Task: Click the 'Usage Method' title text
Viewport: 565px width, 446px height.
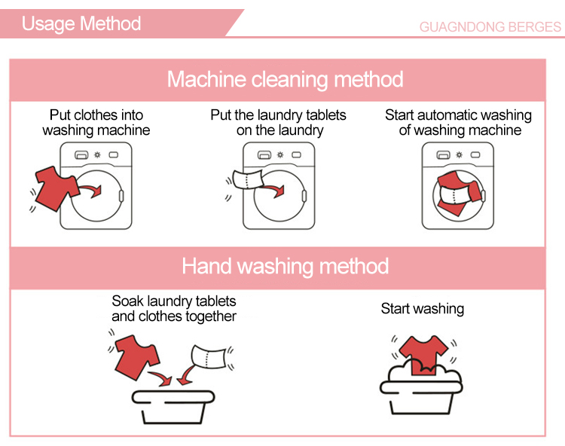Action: coord(81,24)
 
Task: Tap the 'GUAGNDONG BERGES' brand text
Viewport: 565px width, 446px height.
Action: coord(490,27)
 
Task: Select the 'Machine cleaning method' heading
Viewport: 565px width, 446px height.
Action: coord(285,79)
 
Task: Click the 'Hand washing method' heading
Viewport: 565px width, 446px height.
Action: coord(285,266)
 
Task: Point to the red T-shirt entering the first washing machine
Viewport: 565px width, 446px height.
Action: coord(56,188)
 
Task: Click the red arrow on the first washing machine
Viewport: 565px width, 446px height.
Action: coord(91,190)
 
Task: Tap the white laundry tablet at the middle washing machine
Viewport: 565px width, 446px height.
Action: coord(249,179)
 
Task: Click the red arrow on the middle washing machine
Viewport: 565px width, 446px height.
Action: coord(274,190)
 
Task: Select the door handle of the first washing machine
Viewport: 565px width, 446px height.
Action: coord(121,196)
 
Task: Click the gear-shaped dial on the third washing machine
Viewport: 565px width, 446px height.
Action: coord(459,155)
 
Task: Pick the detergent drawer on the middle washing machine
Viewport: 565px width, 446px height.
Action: coord(264,155)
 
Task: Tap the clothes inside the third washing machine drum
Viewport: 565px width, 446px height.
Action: coord(458,193)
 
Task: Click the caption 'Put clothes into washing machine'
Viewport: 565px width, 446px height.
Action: coord(96,123)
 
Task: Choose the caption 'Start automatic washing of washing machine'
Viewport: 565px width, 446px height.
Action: coord(458,123)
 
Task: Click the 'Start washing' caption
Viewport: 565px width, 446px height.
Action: coord(423,309)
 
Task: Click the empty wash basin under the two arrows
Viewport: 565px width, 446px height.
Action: coord(173,407)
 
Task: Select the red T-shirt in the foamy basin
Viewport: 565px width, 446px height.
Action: coord(423,355)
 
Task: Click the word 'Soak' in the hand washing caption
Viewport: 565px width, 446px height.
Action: coord(127,301)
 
